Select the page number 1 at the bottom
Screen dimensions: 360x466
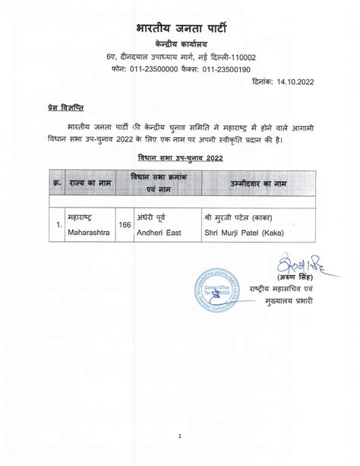(180, 436)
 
